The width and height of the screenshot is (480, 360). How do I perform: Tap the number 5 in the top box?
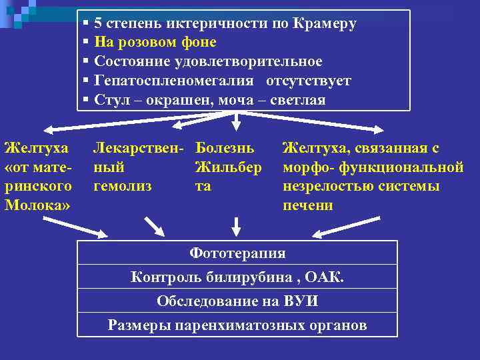tap(99, 24)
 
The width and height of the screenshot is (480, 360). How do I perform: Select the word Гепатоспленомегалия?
tap(174, 81)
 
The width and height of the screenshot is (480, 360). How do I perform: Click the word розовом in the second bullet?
tap(145, 43)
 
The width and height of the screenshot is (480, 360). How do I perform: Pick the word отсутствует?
tap(309, 81)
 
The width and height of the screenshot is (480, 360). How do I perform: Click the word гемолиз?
tap(123, 186)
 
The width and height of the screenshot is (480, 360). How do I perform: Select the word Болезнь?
tap(225, 147)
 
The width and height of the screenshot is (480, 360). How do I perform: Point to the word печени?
tap(307, 205)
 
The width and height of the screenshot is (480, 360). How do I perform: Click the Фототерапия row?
tap(237, 253)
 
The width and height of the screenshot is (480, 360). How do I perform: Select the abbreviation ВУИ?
tap(300, 301)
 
